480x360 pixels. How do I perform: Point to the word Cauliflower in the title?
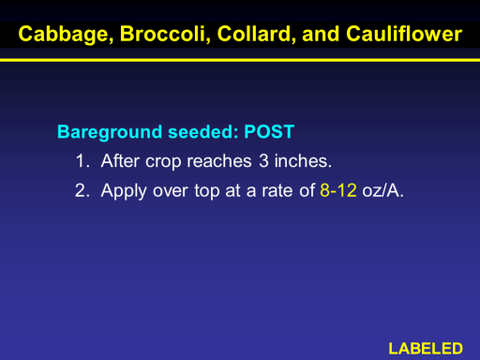pyautogui.click(x=404, y=34)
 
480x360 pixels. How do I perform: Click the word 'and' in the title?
pyautogui.click(x=321, y=34)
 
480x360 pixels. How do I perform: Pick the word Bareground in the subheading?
pyautogui.click(x=110, y=132)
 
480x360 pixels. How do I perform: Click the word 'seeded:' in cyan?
pyautogui.click(x=203, y=131)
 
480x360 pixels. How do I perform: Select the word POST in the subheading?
pyautogui.click(x=269, y=131)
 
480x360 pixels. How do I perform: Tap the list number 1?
pyautogui.click(x=82, y=161)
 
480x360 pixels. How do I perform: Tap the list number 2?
pyautogui.click(x=82, y=190)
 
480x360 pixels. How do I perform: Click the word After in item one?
pyautogui.click(x=120, y=161)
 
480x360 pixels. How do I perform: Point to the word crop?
pyautogui.click(x=163, y=162)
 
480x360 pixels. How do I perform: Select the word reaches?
pyautogui.click(x=219, y=161)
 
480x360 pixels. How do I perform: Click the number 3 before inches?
pyautogui.click(x=263, y=161)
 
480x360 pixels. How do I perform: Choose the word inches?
pyautogui.click(x=303, y=161)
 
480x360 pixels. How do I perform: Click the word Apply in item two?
pyautogui.click(x=124, y=191)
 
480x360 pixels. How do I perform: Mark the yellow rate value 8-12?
pyautogui.click(x=338, y=190)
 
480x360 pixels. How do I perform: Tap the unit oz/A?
pyautogui.click(x=382, y=190)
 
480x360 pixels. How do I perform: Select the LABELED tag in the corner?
pyautogui.click(x=426, y=349)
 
